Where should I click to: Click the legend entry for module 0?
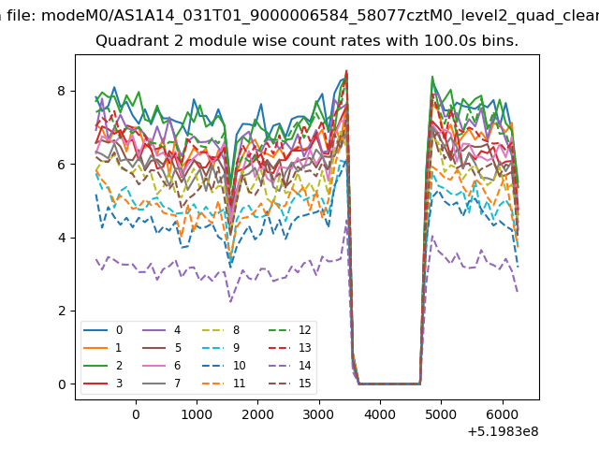click(103, 330)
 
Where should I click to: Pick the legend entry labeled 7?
click(161, 383)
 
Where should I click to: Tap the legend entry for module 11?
click(223, 383)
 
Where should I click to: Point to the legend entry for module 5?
click(161, 347)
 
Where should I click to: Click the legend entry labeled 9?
click(221, 347)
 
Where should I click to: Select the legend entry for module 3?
click(103, 383)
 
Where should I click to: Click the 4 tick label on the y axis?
click(62, 238)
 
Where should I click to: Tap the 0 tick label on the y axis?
click(62, 384)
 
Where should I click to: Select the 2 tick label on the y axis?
click(62, 311)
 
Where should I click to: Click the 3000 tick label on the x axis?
click(319, 414)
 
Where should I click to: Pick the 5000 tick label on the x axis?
click(441, 414)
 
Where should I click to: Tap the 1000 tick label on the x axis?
click(197, 414)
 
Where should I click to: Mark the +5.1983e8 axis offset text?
click(503, 431)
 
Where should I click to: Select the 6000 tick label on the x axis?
click(503, 414)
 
